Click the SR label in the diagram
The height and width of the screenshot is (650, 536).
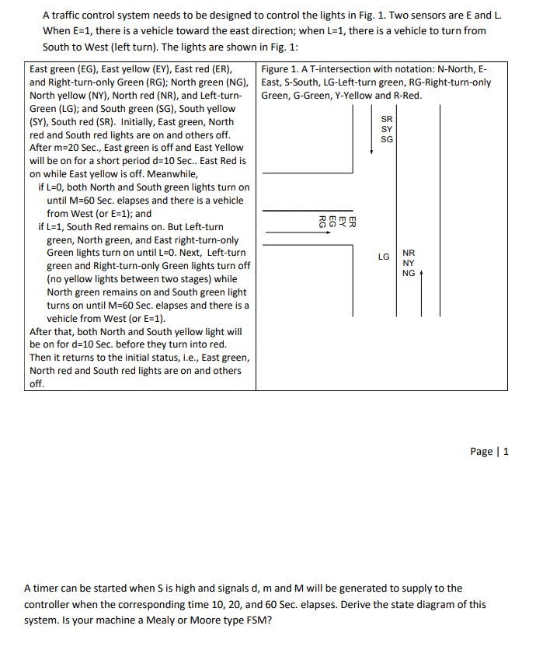coord(387,119)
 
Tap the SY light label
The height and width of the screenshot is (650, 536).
coord(387,129)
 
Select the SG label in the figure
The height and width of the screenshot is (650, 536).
coord(387,139)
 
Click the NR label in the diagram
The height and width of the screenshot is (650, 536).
coord(409,253)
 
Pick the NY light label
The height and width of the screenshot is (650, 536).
coord(409,263)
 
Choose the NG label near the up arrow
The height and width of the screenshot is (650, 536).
coord(409,273)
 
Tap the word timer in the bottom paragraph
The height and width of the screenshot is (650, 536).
coord(45,589)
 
